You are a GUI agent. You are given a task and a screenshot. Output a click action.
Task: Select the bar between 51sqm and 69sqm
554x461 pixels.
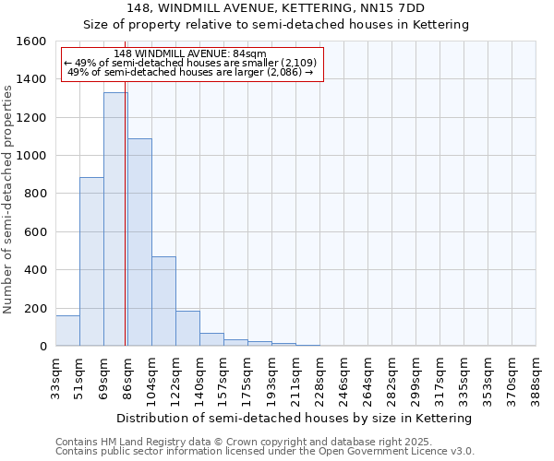tap(91, 262)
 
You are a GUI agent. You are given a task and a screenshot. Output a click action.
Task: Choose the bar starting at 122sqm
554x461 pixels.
tap(187, 328)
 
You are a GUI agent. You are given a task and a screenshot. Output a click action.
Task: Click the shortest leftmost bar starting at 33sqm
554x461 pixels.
tap(67, 331)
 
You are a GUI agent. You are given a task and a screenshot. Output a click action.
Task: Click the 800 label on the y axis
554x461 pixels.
tap(34, 194)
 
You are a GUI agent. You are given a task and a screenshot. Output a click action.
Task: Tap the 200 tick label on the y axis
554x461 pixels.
tap(34, 308)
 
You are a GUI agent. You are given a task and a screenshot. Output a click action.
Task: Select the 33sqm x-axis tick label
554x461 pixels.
tap(56, 375)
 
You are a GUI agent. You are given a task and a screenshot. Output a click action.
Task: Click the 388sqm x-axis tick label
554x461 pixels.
tap(536, 375)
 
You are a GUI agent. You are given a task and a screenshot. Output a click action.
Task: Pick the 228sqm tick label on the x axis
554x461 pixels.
tap(320, 375)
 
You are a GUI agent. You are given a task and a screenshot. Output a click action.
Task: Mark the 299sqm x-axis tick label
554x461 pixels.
tap(416, 375)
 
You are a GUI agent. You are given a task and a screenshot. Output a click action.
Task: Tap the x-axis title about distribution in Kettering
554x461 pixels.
tap(295, 418)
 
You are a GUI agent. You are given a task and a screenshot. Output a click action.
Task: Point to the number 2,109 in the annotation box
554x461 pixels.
tap(297, 63)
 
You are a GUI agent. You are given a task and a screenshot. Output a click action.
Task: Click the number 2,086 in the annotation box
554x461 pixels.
tap(283, 72)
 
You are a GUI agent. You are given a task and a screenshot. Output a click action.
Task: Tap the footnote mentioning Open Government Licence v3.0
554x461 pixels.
tap(265, 451)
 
